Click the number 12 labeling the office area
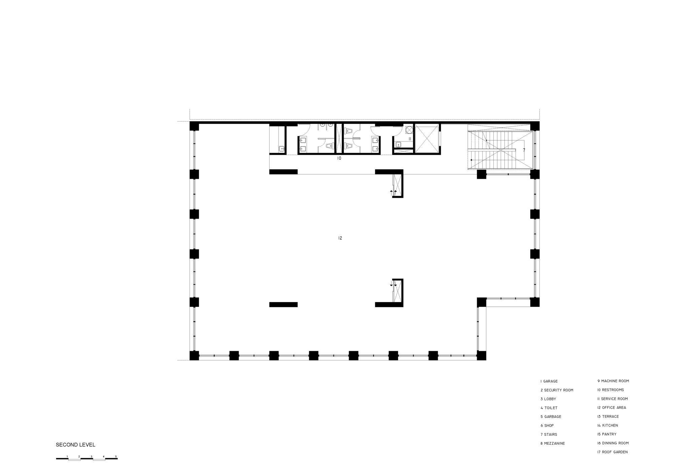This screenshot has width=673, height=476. [x=340, y=238]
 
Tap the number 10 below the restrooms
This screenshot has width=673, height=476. [x=339, y=158]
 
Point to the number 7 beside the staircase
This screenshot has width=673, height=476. [x=524, y=150]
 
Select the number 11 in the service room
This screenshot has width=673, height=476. [x=410, y=139]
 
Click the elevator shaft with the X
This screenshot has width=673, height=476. [x=427, y=139]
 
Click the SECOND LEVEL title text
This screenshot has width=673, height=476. [x=75, y=445]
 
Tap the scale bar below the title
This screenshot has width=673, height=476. [x=87, y=458]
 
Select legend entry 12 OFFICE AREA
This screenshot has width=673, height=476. [x=611, y=408]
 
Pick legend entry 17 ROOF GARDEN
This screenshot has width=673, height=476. [x=612, y=452]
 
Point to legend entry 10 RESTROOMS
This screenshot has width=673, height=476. [x=610, y=390]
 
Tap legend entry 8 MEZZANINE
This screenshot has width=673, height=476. [x=553, y=443]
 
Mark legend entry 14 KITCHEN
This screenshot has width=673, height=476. [x=607, y=426]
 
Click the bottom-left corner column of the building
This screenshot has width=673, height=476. [x=194, y=356]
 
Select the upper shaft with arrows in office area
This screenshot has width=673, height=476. [x=397, y=185]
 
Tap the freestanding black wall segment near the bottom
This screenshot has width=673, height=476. [x=283, y=305]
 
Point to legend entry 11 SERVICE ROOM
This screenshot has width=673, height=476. [x=612, y=399]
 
